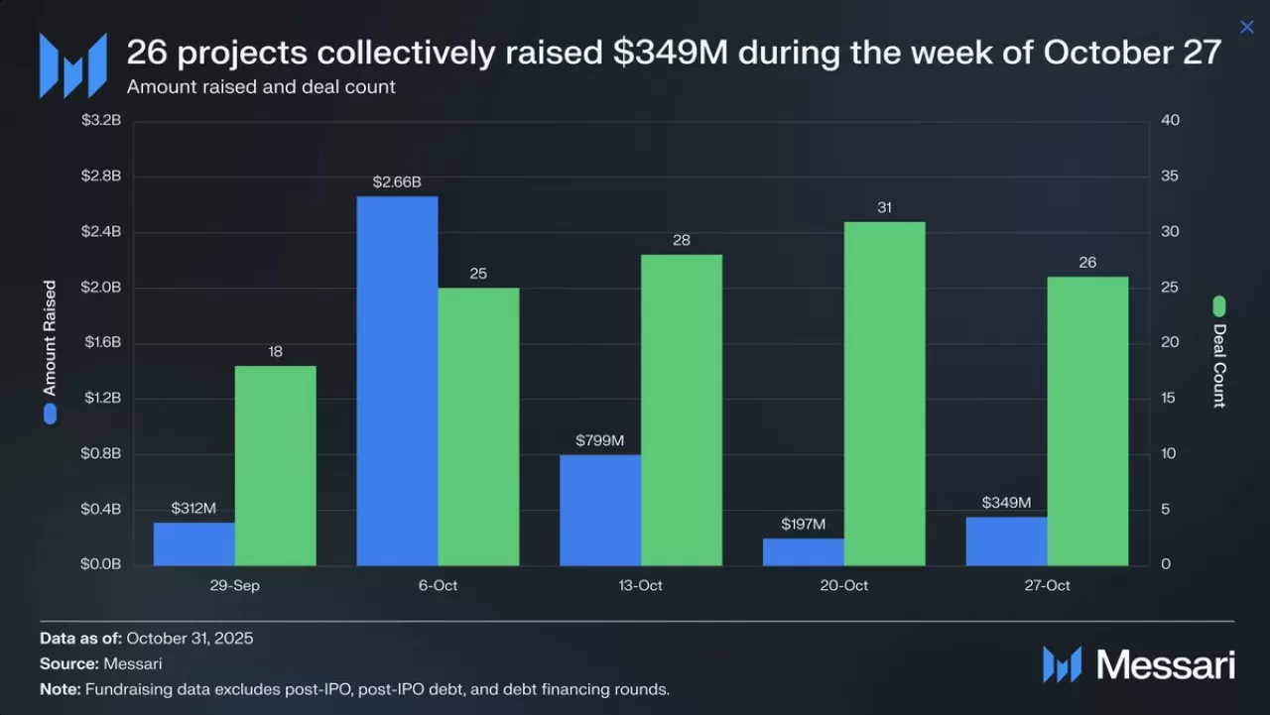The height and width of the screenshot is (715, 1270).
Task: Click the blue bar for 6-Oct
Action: pos(397,382)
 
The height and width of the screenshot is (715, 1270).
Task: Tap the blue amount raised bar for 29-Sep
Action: pos(194,543)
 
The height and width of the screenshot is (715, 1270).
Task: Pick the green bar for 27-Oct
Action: pos(1087,421)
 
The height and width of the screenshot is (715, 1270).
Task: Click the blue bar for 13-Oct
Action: pos(600,510)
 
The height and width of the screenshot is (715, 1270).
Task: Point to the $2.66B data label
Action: pos(397,182)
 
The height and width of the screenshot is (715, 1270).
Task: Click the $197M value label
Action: pos(803,524)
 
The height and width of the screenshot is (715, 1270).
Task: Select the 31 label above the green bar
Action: pos(884,207)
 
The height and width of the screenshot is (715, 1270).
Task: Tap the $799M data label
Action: pos(600,440)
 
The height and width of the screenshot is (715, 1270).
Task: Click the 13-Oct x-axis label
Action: pos(640,585)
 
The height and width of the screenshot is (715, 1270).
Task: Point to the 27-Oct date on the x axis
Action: pos(1047,585)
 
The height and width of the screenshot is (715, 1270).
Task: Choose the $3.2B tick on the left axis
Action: pos(101,121)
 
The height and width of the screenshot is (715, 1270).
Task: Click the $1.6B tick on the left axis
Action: pos(101,343)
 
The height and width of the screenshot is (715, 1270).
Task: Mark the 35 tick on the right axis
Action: pos(1170,177)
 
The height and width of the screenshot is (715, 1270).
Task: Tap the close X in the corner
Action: pos(1247,27)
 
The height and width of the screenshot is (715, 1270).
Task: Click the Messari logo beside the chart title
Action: pos(72,65)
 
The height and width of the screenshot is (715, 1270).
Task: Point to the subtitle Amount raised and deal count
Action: pos(261,86)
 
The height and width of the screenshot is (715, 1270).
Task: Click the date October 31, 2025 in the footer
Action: pos(190,638)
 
